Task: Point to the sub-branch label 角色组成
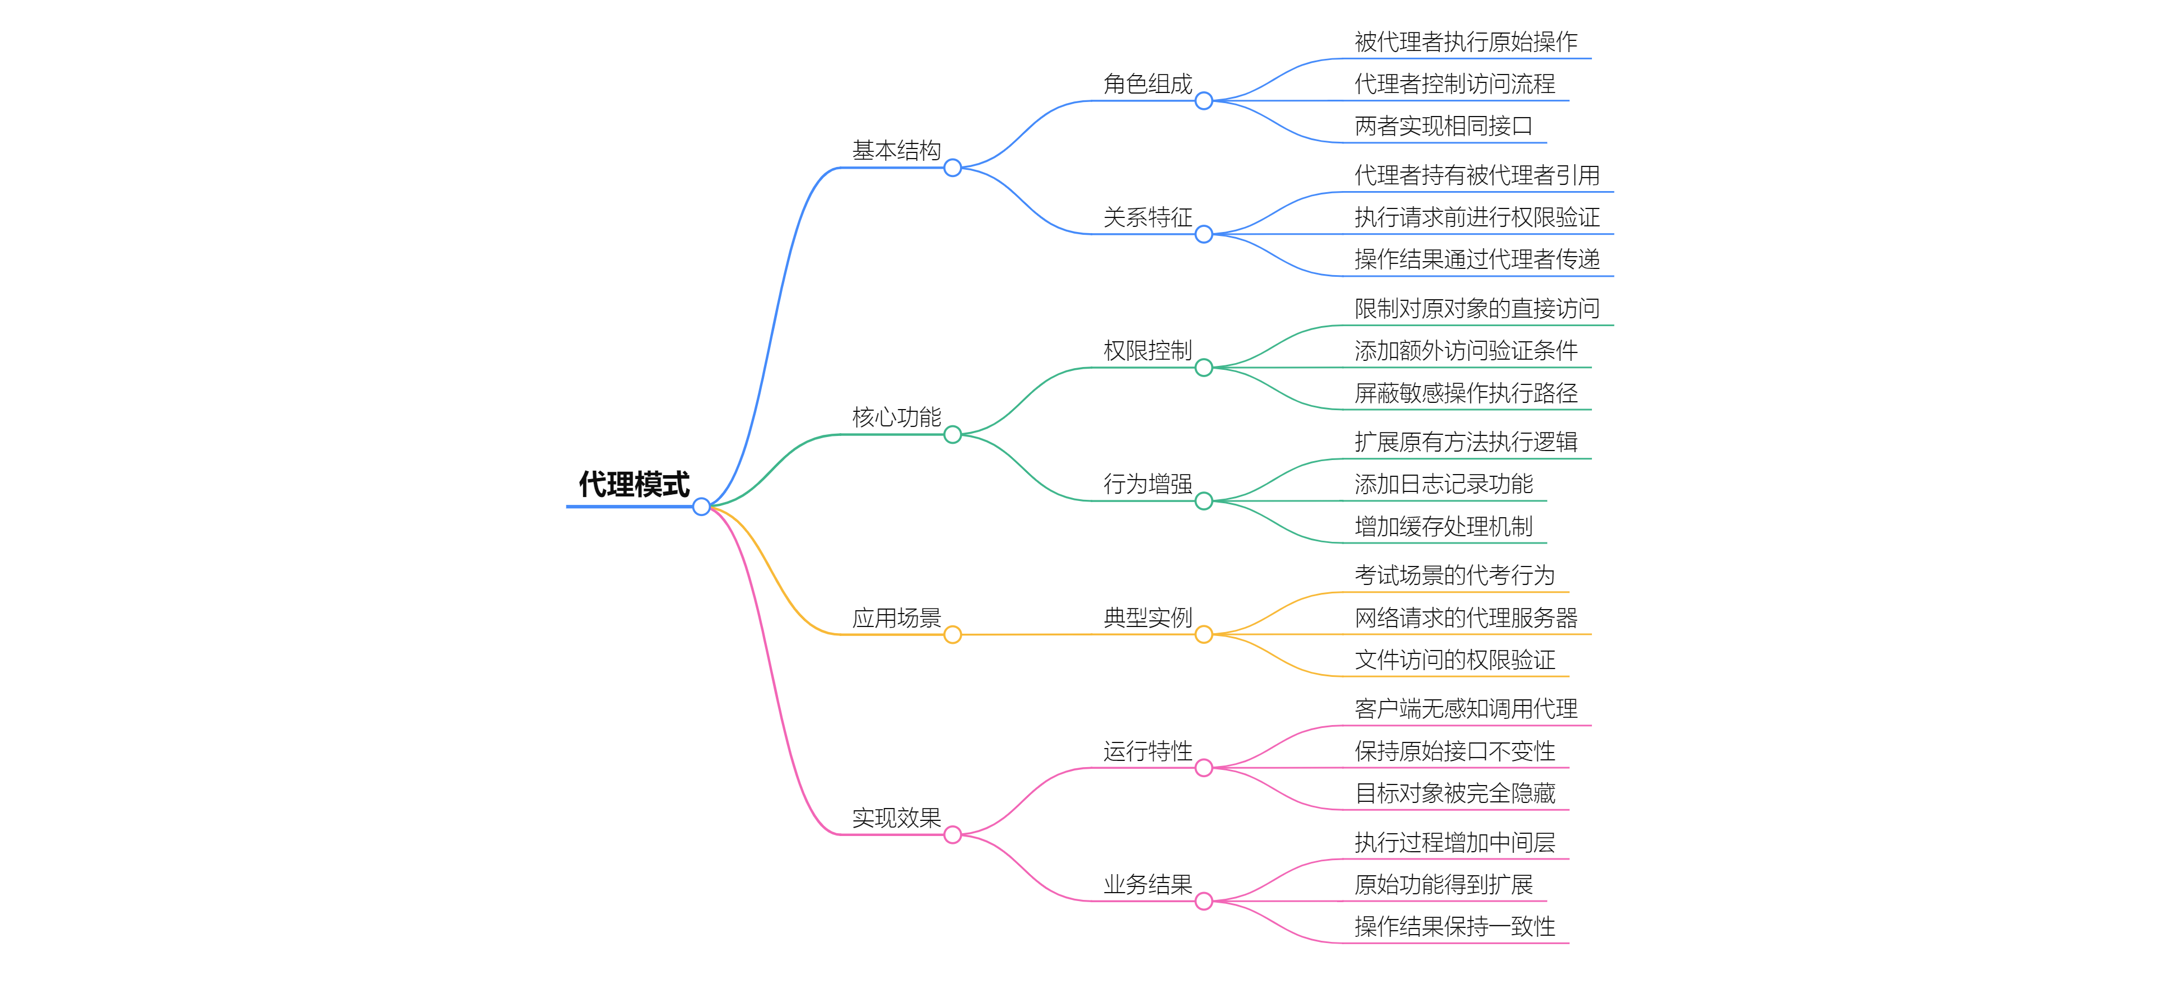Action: pyautogui.click(x=1147, y=84)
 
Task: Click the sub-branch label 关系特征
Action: pyautogui.click(x=1147, y=217)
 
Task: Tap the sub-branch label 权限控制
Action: pyautogui.click(x=1147, y=350)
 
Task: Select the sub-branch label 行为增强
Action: pyautogui.click(x=1147, y=484)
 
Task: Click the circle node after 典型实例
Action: pyautogui.click(x=1204, y=635)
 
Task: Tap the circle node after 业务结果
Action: pyautogui.click(x=1204, y=902)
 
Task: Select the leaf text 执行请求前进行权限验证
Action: pyautogui.click(x=1477, y=217)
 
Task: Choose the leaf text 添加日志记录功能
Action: pyautogui.click(x=1443, y=484)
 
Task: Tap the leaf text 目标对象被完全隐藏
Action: pyautogui.click(x=1454, y=793)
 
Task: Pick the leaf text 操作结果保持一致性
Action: pyautogui.click(x=1454, y=927)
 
